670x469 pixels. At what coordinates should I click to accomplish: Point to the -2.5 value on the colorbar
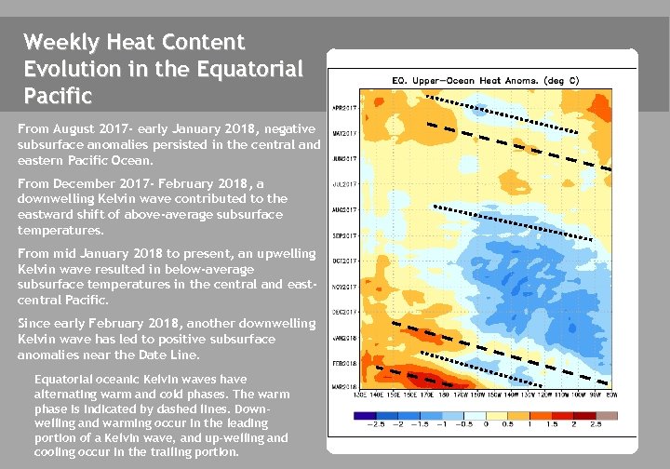(x=377, y=423)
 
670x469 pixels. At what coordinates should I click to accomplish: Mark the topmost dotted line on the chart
(x=502, y=115)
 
